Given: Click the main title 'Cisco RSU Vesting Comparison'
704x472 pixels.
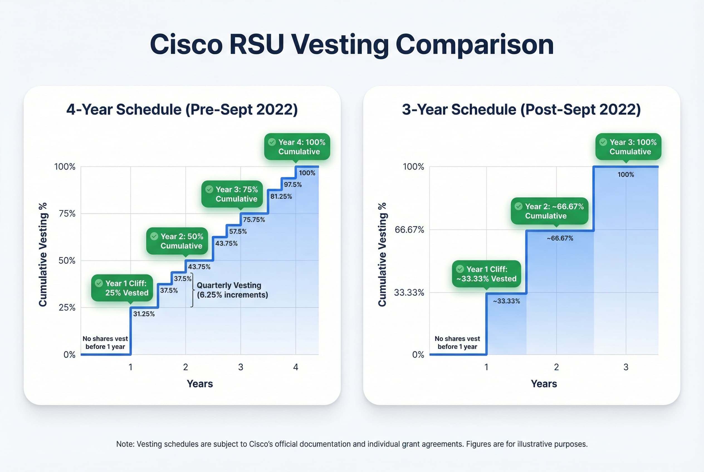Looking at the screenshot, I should coord(351,45).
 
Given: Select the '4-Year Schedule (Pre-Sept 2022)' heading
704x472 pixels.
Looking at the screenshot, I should coord(182,109).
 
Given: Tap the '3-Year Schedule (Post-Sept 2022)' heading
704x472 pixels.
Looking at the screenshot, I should coord(521,109).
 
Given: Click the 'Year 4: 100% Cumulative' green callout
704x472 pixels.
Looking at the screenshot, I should coord(297,147).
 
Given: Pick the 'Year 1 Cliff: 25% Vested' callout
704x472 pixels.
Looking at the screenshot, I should coord(122,288).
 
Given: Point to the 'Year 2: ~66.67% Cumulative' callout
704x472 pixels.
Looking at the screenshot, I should coord(549,211).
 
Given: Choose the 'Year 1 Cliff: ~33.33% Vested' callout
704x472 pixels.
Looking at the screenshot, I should coord(486,274).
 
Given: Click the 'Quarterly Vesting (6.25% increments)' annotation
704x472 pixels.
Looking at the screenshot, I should coord(232,290).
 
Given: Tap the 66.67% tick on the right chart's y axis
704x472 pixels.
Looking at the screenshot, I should coord(409,230).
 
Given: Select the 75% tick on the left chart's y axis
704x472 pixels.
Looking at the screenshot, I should coord(67,213).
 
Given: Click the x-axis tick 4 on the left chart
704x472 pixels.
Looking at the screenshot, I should coord(295,367).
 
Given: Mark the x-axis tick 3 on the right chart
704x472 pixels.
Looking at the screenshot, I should coord(626,367).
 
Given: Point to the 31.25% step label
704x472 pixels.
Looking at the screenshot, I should coord(144,314).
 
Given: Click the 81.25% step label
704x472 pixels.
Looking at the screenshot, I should coord(281,196).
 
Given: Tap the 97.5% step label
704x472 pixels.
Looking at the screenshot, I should coord(292,185).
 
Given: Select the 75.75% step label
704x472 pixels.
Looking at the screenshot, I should coord(254,220).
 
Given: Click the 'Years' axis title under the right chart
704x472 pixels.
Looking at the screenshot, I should coord(544,384).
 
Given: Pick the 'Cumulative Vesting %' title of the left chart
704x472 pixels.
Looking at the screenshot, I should coord(43,254).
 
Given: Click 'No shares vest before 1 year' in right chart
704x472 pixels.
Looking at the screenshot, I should coord(457,343).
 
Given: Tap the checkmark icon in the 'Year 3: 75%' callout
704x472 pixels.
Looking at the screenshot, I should coord(209,189).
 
